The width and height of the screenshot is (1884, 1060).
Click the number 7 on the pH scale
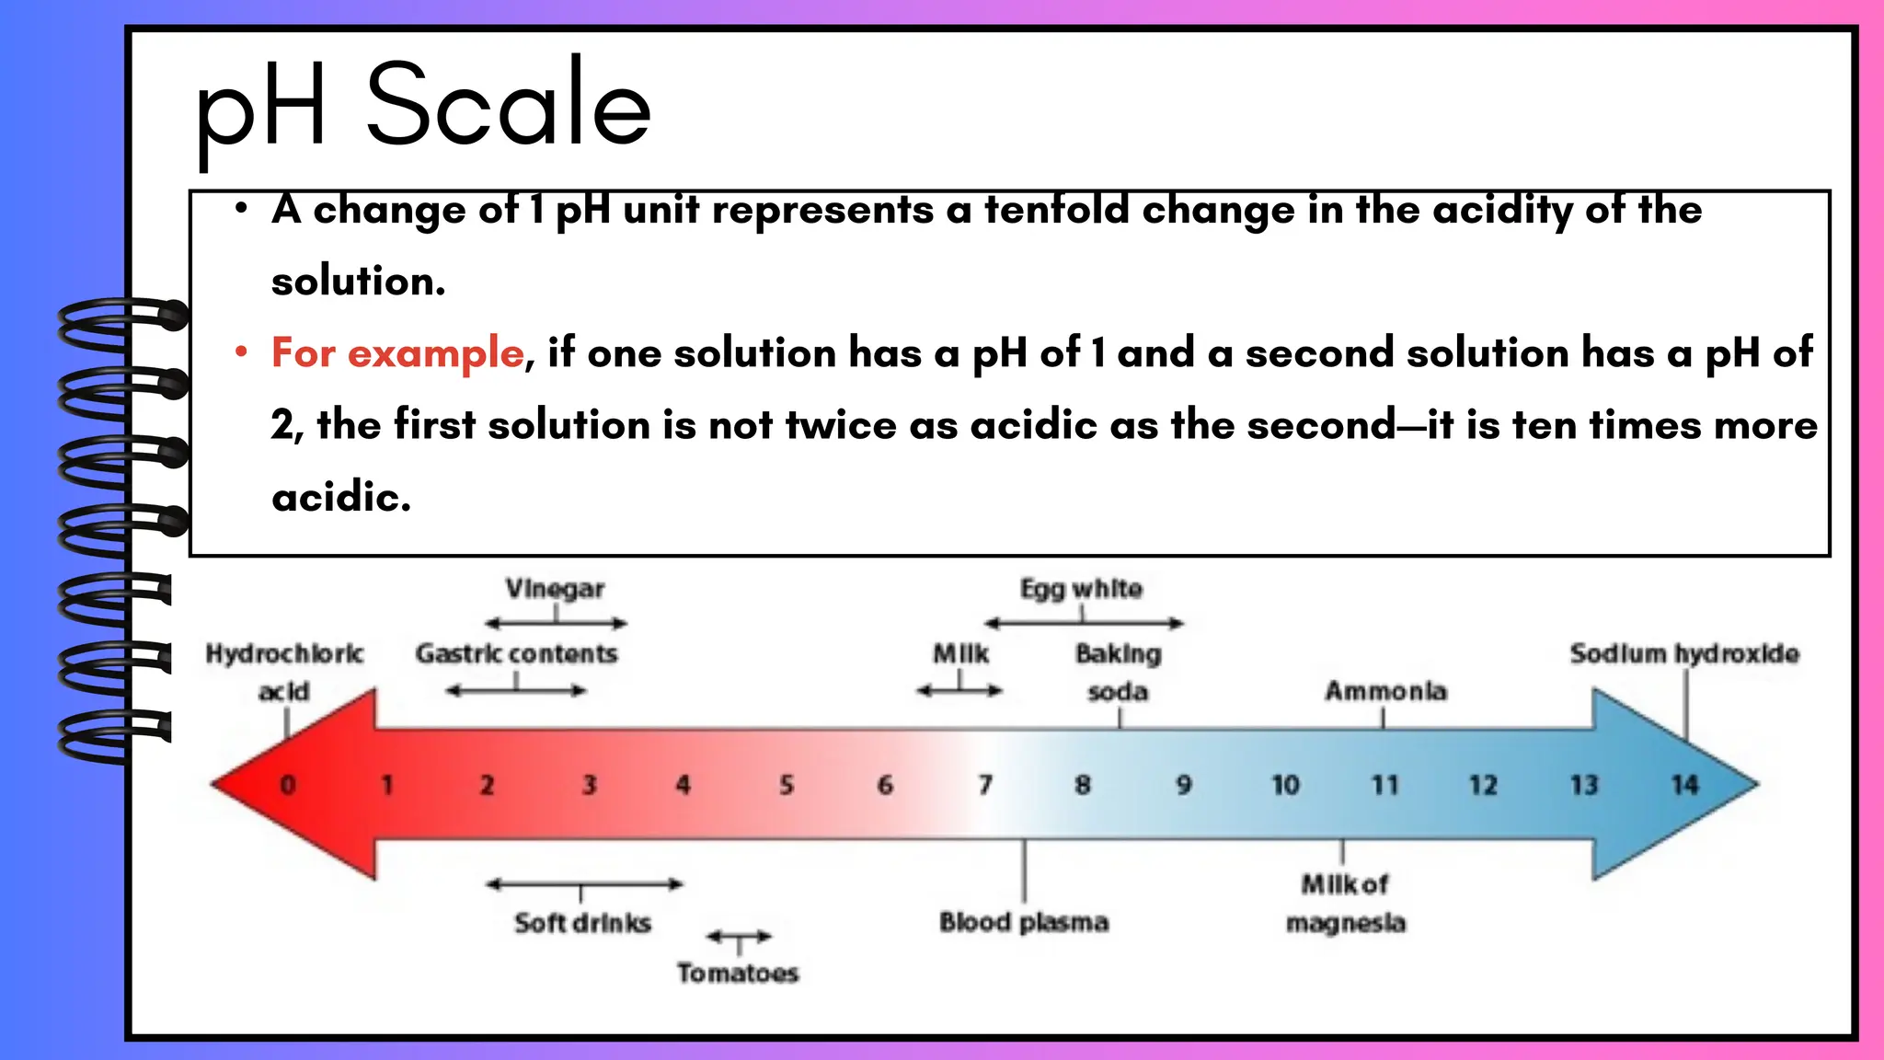(x=985, y=785)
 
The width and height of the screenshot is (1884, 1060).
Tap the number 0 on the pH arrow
(x=288, y=785)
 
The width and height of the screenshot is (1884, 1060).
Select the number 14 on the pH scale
(x=1684, y=785)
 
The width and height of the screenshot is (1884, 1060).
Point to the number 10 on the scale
(x=1285, y=785)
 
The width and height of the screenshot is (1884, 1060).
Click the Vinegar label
(x=555, y=589)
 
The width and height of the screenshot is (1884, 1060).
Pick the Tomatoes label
(x=738, y=973)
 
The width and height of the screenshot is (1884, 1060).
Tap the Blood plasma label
(x=1024, y=922)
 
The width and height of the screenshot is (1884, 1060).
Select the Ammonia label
(x=1385, y=691)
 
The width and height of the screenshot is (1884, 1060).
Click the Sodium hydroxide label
(x=1684, y=654)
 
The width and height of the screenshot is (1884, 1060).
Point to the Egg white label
(x=1081, y=589)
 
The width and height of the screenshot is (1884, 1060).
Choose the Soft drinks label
(x=582, y=923)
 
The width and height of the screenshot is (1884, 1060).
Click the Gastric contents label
(x=516, y=654)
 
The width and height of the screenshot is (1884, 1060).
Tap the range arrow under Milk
(x=959, y=690)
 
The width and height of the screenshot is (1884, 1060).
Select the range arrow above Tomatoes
(x=739, y=937)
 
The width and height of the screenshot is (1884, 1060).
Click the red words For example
(x=397, y=353)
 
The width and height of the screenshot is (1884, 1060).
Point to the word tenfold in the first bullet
(x=1057, y=210)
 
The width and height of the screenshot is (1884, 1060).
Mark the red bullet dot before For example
(x=241, y=351)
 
